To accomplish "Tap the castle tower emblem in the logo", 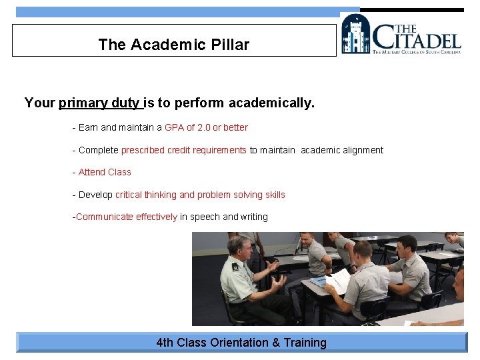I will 356,34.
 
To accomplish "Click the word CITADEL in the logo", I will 416,37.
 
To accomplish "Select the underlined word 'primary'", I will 83,103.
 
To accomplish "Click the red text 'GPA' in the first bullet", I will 174,127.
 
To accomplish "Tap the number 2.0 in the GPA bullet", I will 204,127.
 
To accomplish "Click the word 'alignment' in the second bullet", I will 363,150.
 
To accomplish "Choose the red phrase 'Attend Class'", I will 105,172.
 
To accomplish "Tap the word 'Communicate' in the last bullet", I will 105,217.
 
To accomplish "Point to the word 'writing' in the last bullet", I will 254,217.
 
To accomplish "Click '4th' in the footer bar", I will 165,343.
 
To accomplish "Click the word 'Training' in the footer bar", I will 305,343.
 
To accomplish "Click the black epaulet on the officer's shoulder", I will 235,266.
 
